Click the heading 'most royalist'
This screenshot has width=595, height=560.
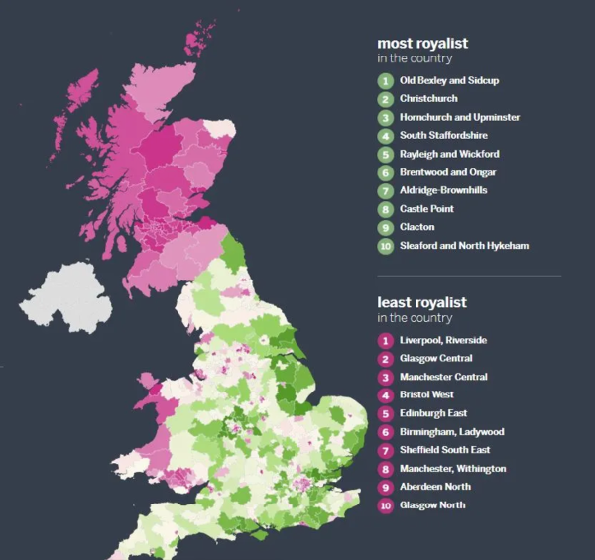pos(422,44)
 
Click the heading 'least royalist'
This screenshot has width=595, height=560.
pos(421,302)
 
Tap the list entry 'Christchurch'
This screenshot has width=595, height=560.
pos(430,99)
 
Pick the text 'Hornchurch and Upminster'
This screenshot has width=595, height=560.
pos(459,118)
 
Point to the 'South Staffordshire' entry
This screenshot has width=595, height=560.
pos(443,136)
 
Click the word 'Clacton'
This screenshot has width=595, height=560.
pos(417,227)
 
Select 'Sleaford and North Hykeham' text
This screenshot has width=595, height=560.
pos(463,246)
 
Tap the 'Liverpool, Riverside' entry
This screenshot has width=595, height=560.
pos(443,340)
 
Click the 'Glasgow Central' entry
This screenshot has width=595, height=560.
pos(435,358)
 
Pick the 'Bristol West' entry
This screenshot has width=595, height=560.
pos(428,394)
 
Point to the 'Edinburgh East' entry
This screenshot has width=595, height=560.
pos(433,413)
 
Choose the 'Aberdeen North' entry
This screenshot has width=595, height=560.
pos(434,487)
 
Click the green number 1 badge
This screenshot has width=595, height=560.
pos(385,81)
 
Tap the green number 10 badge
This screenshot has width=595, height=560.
pos(385,246)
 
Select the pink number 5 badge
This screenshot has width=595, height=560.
pos(385,413)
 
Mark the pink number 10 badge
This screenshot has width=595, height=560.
pos(385,505)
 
